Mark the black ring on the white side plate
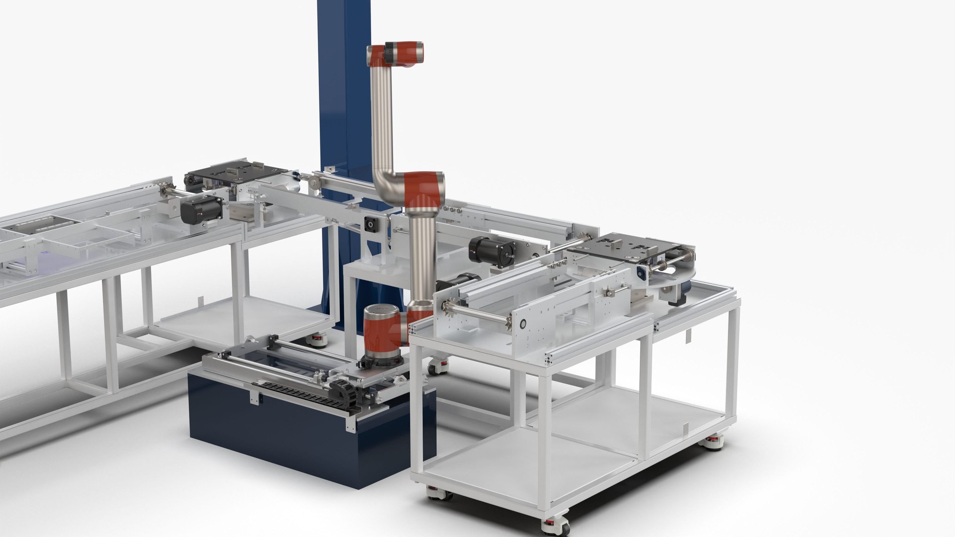523,324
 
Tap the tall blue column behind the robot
343,99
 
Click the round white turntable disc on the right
667,281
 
